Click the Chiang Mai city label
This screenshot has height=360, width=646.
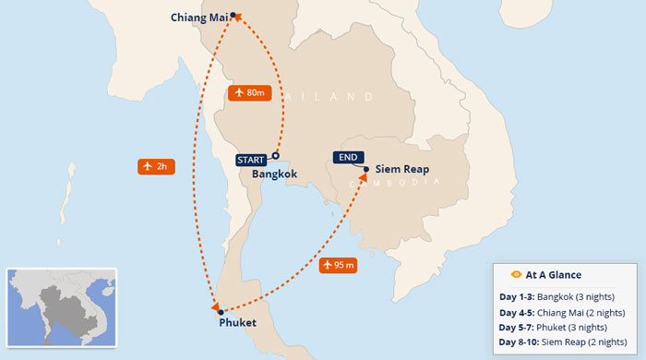(198, 17)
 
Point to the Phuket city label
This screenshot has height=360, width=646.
(238, 323)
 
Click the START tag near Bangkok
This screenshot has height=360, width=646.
(251, 160)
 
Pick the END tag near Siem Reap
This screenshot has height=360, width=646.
(348, 158)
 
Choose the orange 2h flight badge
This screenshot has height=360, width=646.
(154, 166)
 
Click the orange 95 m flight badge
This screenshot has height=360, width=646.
(339, 265)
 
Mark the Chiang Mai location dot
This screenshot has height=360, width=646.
(233, 15)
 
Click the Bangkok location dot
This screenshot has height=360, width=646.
(275, 156)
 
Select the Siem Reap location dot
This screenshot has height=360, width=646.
(366, 169)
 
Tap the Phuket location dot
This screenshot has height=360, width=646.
(221, 312)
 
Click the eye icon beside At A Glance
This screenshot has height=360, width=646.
(516, 274)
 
